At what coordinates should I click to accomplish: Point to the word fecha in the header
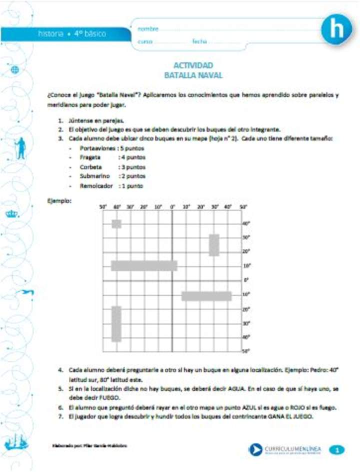[199, 41]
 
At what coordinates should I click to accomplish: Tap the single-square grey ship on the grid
[116, 223]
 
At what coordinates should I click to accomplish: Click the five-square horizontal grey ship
[144, 265]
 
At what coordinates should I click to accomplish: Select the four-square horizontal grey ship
[206, 295]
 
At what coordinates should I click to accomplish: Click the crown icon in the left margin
[11, 214]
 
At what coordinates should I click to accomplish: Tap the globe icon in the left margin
[14, 70]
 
